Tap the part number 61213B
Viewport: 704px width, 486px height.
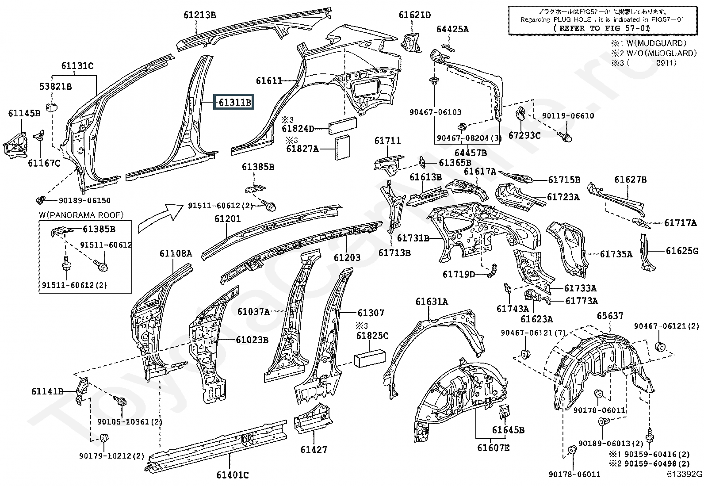200,15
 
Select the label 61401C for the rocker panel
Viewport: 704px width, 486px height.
233,475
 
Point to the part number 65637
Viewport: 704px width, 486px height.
610,316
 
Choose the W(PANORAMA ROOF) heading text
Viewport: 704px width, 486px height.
81,215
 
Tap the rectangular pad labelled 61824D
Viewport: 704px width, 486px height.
343,126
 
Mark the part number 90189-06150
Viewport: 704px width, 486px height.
85,200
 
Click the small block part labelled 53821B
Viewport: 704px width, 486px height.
52,107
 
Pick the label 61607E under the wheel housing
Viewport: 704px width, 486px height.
493,448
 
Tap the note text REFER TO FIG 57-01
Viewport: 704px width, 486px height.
601,28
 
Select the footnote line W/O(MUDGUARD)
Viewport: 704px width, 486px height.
654,53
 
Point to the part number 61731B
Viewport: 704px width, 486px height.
413,238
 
